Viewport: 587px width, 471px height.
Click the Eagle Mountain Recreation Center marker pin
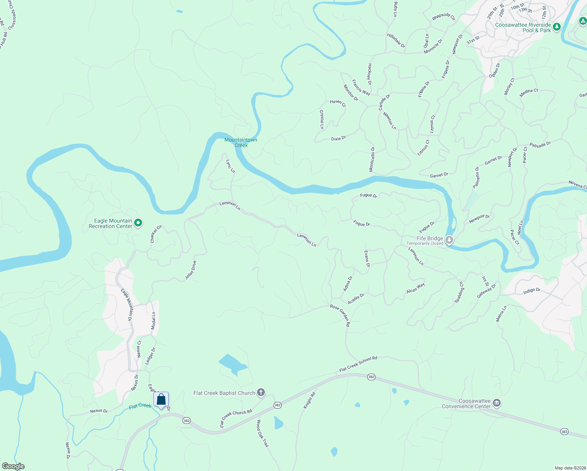point(138,223)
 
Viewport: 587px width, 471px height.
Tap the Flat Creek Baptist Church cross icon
point(261,392)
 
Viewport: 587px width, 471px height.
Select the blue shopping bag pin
point(161,400)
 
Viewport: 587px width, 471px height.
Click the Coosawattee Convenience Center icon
point(497,403)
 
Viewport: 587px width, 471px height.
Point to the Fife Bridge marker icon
point(449,239)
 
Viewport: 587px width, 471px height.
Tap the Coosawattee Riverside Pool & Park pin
point(557,27)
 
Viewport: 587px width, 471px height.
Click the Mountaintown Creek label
point(241,142)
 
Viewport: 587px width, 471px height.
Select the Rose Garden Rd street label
point(340,316)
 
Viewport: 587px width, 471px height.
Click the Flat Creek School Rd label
point(358,364)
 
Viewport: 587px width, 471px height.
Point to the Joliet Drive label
point(191,270)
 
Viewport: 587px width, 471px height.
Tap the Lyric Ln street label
point(230,166)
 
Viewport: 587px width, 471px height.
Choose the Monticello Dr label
point(372,159)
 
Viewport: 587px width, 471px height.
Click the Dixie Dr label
point(339,139)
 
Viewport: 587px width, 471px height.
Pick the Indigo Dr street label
point(532,291)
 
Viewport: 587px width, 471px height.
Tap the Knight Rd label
point(310,400)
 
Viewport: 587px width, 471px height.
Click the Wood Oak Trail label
point(263,433)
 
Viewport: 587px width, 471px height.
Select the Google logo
point(13,466)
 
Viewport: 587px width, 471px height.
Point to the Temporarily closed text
point(425,244)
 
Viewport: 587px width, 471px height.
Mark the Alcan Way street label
point(416,288)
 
